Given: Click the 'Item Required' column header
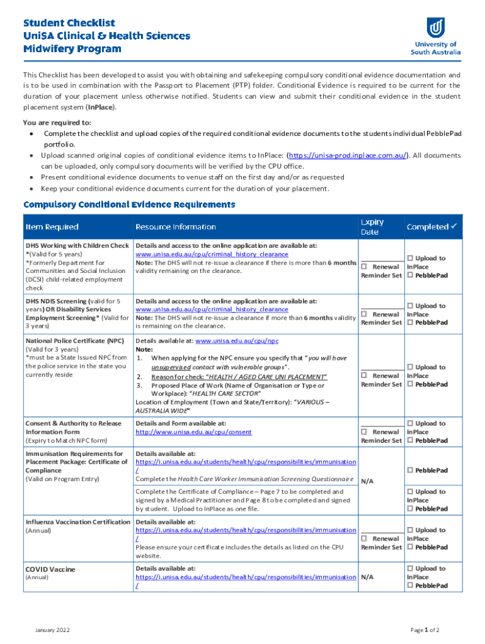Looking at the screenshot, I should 52,227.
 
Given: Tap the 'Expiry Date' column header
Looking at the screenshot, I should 372,227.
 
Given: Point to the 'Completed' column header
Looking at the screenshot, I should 431,227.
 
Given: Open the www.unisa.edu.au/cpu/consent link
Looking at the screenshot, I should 193,432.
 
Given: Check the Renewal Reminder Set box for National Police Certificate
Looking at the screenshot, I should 364,375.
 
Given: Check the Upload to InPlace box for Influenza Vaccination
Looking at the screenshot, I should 410,530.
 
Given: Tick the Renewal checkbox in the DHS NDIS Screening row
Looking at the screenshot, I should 364,314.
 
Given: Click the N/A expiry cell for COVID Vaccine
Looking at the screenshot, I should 367,577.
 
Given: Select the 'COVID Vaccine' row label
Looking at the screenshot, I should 50,569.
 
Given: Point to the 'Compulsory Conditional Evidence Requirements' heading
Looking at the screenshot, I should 129,205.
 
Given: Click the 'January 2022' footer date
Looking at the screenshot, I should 53,630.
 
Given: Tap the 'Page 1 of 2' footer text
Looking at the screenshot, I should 425,630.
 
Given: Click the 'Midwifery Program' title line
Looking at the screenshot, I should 72,49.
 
